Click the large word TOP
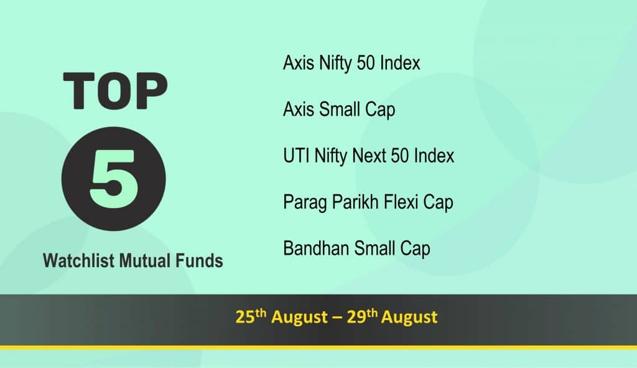tap(115, 91)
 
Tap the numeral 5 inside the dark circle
tap(113, 179)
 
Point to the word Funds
tap(199, 261)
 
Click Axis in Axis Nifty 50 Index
tap(299, 63)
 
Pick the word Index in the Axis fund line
tap(400, 63)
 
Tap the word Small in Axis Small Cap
tap(340, 110)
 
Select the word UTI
tap(296, 156)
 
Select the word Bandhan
tap(316, 248)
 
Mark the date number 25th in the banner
tap(251, 316)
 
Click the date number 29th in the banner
tap(362, 316)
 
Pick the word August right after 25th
tap(299, 318)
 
